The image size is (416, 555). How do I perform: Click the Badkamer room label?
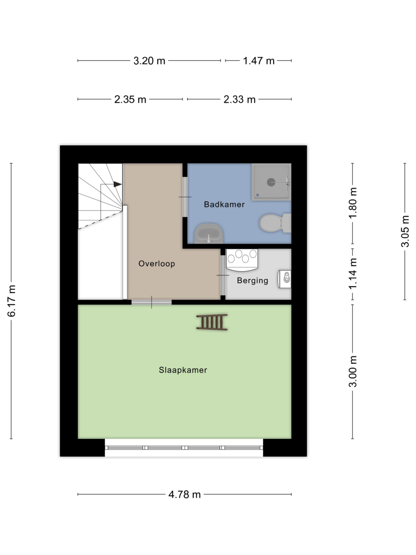(x=224, y=204)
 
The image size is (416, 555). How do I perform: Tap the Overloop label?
(x=156, y=264)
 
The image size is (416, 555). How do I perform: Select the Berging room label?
(x=252, y=281)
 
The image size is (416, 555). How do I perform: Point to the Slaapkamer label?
(x=183, y=370)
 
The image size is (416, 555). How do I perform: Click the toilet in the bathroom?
(x=275, y=223)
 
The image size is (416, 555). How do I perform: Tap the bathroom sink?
(x=209, y=233)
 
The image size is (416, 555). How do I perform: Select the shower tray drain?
(x=271, y=182)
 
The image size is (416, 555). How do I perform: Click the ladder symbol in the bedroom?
(x=212, y=322)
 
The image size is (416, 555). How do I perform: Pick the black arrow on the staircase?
(x=118, y=184)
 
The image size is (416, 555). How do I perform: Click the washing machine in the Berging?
(x=242, y=260)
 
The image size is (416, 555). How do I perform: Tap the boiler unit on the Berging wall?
(x=285, y=279)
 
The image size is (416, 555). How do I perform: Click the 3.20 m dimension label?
(x=149, y=61)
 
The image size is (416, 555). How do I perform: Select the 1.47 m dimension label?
(x=258, y=61)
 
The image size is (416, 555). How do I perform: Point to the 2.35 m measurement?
(x=130, y=99)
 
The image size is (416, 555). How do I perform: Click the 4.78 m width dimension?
(x=185, y=494)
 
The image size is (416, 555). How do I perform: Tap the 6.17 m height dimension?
(x=12, y=301)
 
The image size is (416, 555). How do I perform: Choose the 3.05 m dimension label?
(x=405, y=231)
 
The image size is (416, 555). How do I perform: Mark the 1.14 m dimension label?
(x=353, y=273)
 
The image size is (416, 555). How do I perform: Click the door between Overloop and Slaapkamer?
(x=152, y=302)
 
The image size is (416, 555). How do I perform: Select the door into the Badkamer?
(x=185, y=197)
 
